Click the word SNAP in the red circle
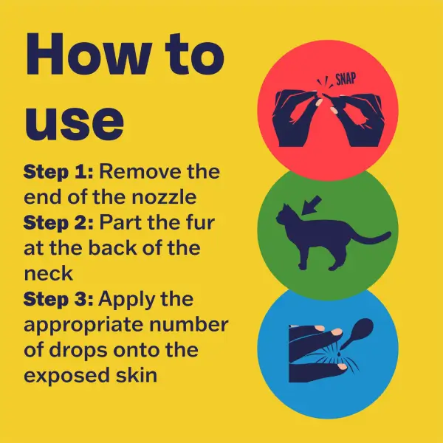pyautogui.click(x=346, y=79)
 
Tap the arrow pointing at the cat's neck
pyautogui.click(x=312, y=205)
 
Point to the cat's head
pyautogui.click(x=284, y=215)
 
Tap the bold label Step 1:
pyautogui.click(x=58, y=172)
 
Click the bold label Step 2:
pyautogui.click(x=58, y=223)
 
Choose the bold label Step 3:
pyautogui.click(x=58, y=299)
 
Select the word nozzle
pyautogui.click(x=164, y=197)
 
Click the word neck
pyautogui.click(x=49, y=273)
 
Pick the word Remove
pyautogui.click(x=140, y=172)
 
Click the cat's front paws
pyautogui.click(x=302, y=267)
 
